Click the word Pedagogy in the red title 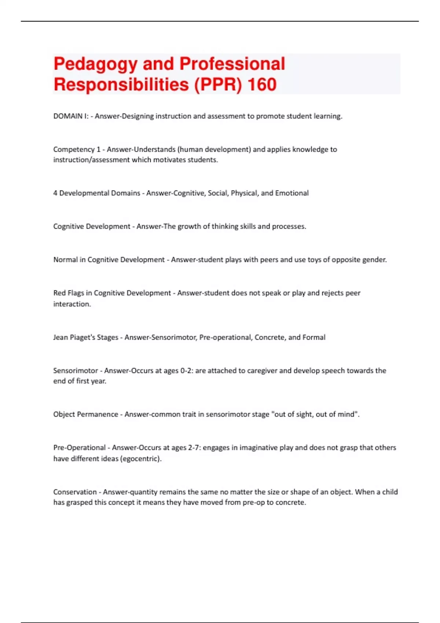tap(95, 64)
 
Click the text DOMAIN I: tap(71, 116)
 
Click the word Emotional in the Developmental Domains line tap(292, 193)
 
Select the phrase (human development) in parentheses tap(214, 150)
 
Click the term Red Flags tap(69, 293)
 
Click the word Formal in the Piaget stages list tap(314, 338)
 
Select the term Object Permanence tap(85, 414)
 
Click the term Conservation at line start tap(75, 492)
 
